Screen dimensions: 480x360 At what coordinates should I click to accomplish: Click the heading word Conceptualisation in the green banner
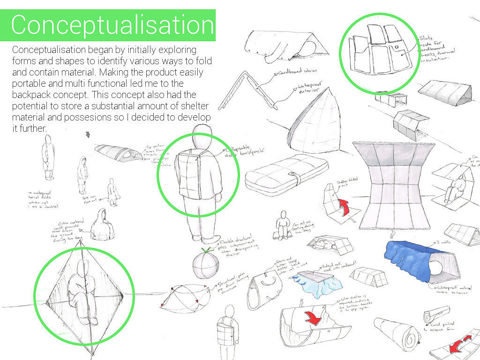[x=112, y=25]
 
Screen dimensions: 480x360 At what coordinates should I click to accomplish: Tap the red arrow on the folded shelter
[x=345, y=207]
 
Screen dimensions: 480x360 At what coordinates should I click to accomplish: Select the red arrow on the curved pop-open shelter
[x=313, y=317]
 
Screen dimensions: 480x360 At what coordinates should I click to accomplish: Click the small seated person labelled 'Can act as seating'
[x=283, y=225]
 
